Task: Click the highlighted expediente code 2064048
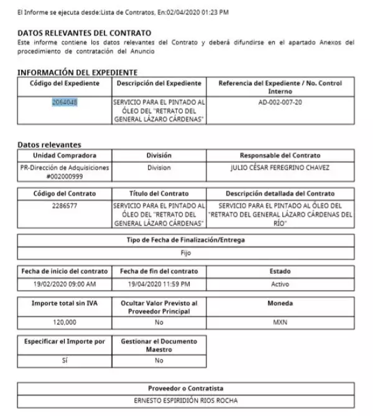point(65,101)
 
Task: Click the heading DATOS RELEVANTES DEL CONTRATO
point(85,32)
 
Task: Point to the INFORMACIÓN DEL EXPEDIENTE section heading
point(77,73)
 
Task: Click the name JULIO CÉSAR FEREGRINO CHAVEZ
point(280,168)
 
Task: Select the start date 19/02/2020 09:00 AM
point(65,284)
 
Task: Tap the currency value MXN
point(280,323)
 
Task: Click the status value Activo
point(280,284)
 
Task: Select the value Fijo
point(186,252)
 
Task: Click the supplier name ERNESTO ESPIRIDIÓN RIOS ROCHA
point(186,400)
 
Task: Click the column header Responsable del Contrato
point(280,155)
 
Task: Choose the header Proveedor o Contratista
point(186,387)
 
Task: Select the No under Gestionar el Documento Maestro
point(159,360)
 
